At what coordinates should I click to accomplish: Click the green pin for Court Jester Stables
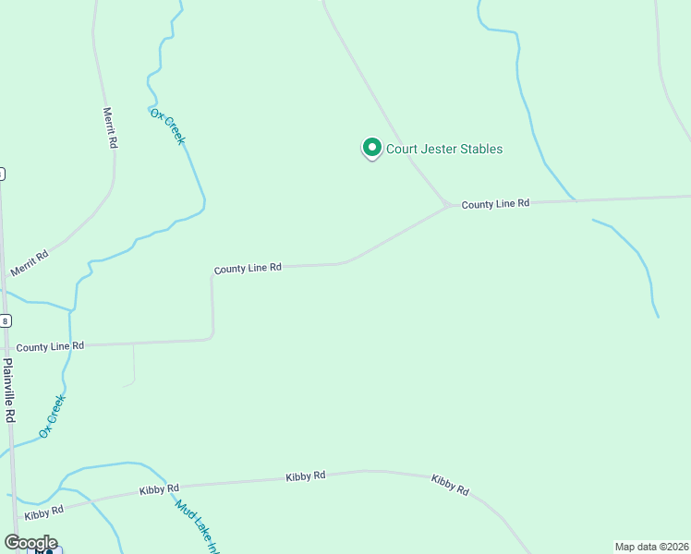click(x=371, y=148)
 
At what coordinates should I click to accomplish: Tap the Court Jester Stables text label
click(x=444, y=149)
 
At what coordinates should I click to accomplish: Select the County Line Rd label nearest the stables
click(x=495, y=203)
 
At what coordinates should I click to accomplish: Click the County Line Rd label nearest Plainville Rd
click(x=50, y=346)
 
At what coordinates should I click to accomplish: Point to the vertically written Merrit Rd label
click(x=111, y=128)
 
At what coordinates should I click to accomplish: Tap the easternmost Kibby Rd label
click(x=450, y=485)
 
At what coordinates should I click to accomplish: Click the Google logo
click(x=30, y=543)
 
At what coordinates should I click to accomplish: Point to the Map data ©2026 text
click(x=651, y=547)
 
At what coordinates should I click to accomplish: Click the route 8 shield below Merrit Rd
click(x=5, y=320)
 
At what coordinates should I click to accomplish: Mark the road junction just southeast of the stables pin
click(x=447, y=204)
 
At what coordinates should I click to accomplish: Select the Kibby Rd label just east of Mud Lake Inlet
click(x=306, y=476)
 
